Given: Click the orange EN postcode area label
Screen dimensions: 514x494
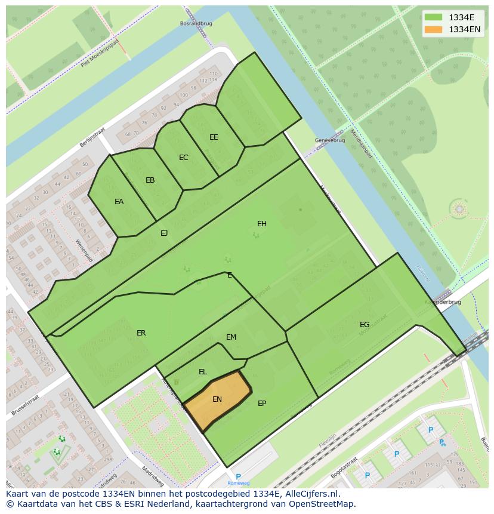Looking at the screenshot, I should (217, 399).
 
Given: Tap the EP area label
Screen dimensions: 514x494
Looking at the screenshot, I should (262, 404).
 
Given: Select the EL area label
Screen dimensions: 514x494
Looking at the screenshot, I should (203, 372).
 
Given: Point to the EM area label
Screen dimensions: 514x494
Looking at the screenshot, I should (231, 337).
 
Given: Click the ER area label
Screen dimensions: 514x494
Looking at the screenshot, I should (141, 333).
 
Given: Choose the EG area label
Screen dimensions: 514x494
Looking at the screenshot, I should (365, 325).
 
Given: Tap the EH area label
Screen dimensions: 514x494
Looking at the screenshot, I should (262, 224).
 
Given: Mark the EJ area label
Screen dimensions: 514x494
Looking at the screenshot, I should (164, 233).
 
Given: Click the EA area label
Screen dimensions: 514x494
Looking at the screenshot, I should (119, 202).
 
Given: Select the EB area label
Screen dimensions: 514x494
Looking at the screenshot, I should (150, 180).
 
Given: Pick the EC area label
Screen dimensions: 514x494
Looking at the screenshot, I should (184, 158).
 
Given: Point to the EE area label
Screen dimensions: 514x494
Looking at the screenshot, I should (214, 137).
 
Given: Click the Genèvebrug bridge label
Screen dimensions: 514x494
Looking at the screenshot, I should (330, 140).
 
